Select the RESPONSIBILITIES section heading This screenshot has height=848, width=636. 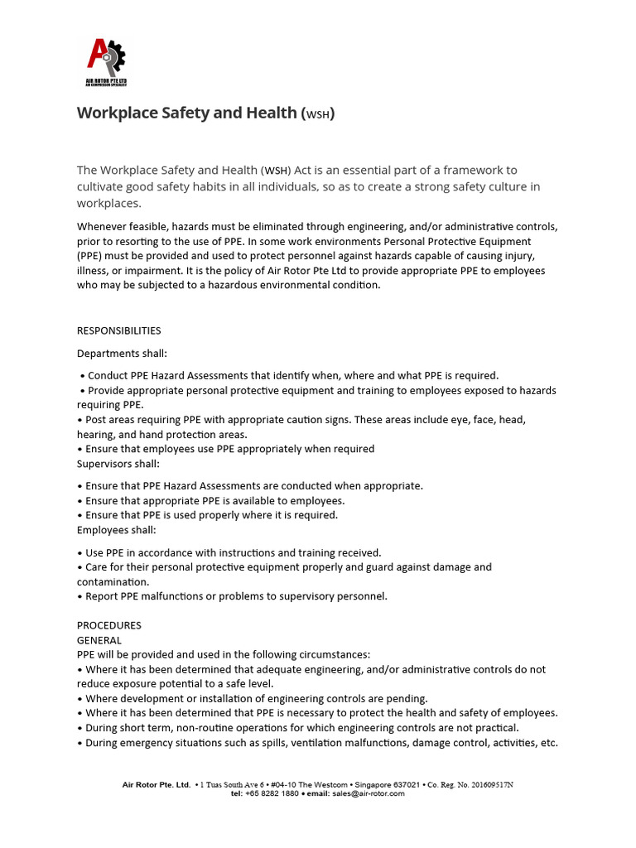point(118,330)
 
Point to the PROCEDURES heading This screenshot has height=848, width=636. point(109,625)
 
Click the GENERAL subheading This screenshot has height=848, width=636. point(99,640)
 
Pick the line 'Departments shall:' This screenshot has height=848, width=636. point(122,353)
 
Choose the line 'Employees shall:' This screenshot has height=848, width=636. point(116,530)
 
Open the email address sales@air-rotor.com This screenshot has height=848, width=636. point(369,793)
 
